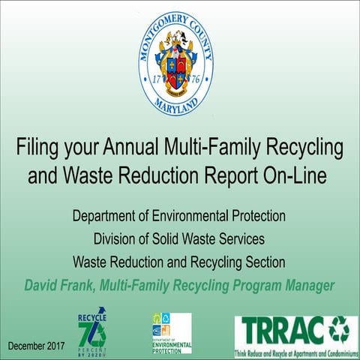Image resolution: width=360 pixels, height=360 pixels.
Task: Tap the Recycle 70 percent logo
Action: pyautogui.click(x=92, y=329)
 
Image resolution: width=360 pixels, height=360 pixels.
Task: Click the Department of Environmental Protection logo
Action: pyautogui.click(x=171, y=332)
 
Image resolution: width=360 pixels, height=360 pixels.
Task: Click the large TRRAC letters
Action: pyautogui.click(x=278, y=328)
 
